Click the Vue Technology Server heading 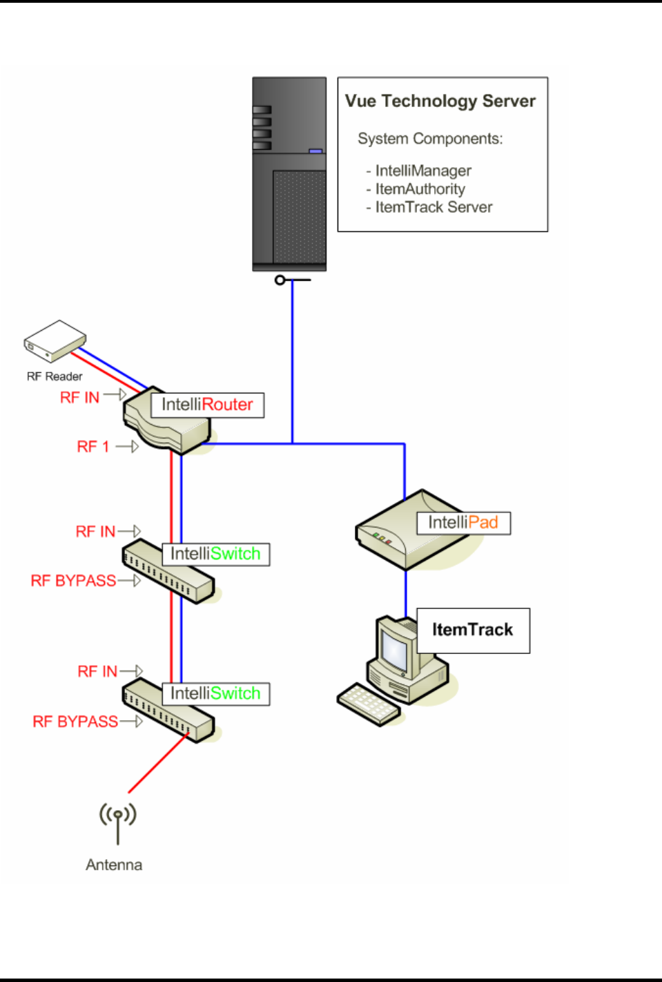pos(440,102)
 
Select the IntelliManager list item pos(422,171)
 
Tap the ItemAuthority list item pos(420,189)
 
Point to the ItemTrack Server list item pos(434,207)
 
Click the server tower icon pos(289,174)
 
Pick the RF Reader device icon pos(55,340)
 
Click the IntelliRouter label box pos(207,405)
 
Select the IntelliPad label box pos(463,523)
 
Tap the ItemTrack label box pos(473,630)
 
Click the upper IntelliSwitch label pos(215,554)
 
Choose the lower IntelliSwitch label pos(215,693)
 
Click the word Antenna pos(114,865)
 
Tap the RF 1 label pos(93,447)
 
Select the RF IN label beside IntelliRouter pos(79,398)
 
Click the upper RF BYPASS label pos(73,581)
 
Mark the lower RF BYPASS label pos(75,722)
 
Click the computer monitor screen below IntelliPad pos(396,650)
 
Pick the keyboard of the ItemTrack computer pos(369,704)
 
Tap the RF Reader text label pos(55,376)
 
